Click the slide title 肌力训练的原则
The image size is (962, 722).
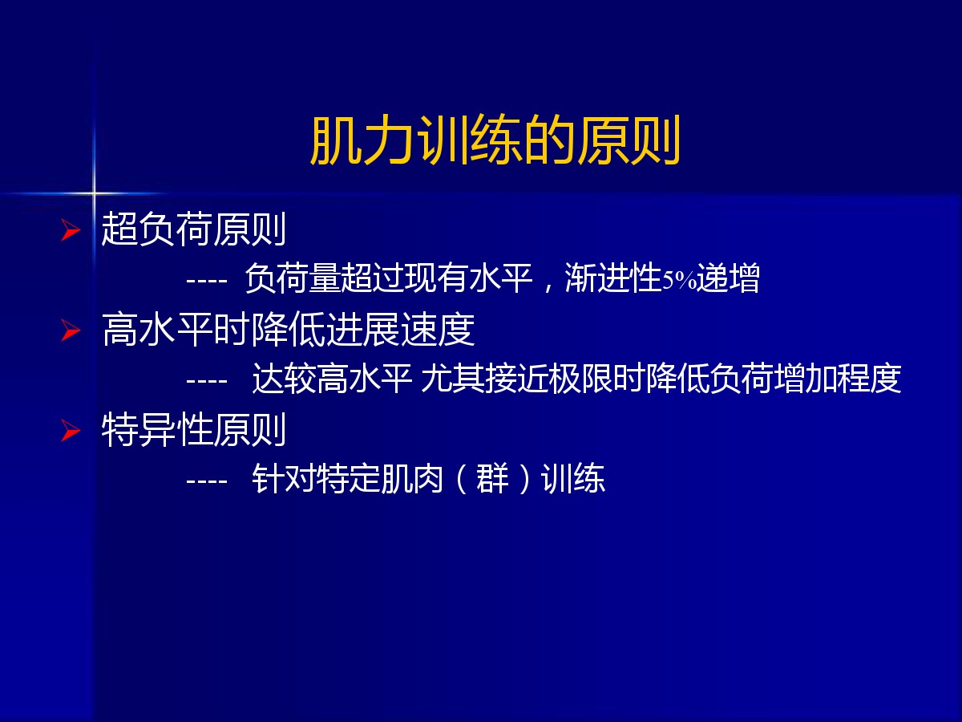pos(495,140)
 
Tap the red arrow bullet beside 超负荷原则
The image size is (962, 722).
pos(71,230)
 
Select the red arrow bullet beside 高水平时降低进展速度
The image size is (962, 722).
pos(71,330)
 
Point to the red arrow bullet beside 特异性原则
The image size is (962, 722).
pos(71,431)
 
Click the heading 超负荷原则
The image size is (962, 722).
pos(193,229)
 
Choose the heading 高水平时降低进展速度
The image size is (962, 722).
pos(288,329)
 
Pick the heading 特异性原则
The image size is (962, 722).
pos(193,429)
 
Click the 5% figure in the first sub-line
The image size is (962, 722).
pos(679,280)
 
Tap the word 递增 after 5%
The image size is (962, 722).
pos(728,278)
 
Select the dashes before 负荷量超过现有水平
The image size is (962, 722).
pos(206,281)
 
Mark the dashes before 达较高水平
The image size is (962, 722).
pos(206,381)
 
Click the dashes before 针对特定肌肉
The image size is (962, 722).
pos(206,481)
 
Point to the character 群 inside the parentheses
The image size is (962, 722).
pos(492,478)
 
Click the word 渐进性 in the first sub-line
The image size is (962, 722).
pos(613,278)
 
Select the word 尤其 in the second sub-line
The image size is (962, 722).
pos(452,379)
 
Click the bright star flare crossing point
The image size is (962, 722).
pos(94,193)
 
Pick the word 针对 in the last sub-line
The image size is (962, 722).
pos(284,478)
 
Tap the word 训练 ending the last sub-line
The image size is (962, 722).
pos(573,478)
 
